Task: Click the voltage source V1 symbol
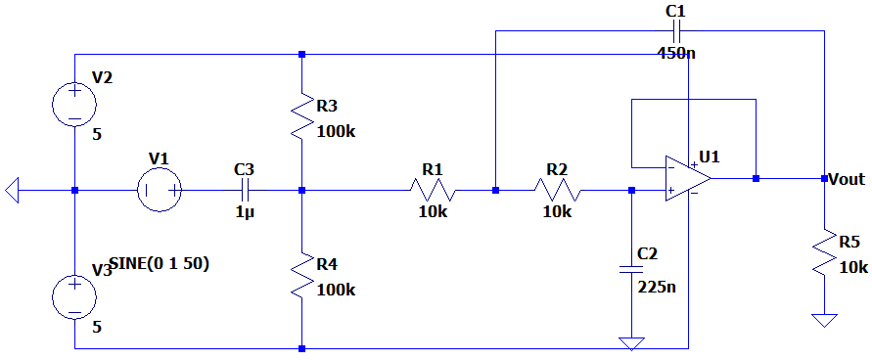point(159,190)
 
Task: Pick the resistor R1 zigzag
point(434,190)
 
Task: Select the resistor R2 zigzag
point(558,190)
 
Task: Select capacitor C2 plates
point(630,267)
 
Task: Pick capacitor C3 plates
point(245,190)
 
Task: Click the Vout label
point(846,179)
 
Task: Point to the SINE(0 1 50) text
point(159,263)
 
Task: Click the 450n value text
point(675,53)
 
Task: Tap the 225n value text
point(656,287)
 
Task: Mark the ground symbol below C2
point(630,342)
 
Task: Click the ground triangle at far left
point(13,190)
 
